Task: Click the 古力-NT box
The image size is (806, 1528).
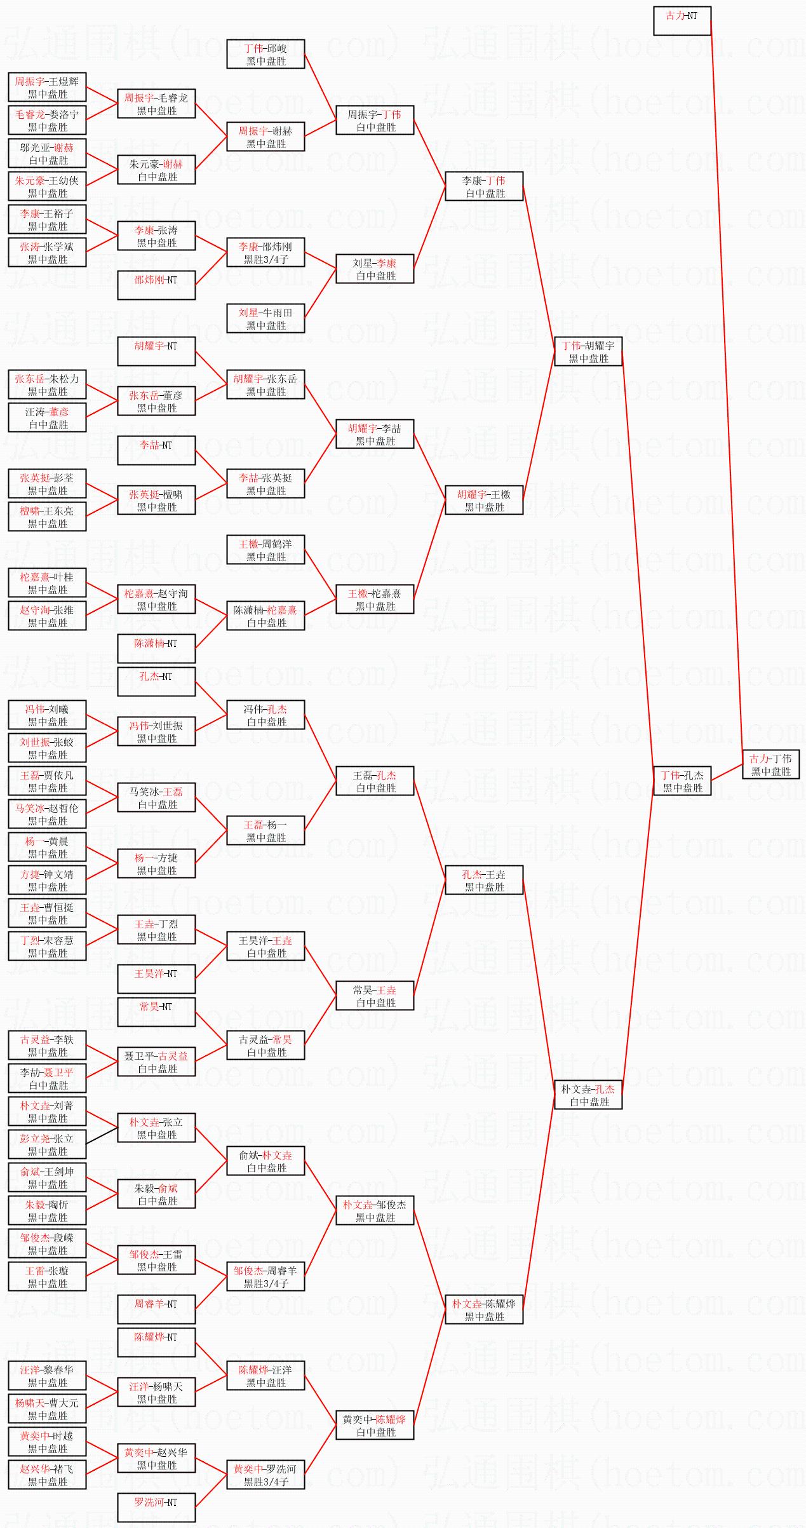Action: pos(682,21)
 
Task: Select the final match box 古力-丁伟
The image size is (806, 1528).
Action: pos(770,764)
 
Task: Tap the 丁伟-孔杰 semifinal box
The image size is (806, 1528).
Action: pos(682,781)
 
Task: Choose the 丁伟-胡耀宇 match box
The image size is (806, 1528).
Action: pos(588,351)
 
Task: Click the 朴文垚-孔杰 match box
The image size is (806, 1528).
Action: pos(588,1095)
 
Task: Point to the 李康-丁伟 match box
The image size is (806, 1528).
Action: pos(484,186)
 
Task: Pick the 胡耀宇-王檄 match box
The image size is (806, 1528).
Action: pos(484,500)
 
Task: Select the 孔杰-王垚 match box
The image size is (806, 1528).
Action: pos(484,880)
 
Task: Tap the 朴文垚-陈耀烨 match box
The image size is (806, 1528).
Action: pos(484,1309)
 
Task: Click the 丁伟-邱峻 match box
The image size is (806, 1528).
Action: pos(265,54)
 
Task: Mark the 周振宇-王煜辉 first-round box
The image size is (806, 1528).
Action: pos(47,87)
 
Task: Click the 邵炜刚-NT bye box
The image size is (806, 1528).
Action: pos(156,285)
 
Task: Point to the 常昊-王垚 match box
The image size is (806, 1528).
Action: pos(375,996)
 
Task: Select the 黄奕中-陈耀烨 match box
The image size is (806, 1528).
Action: pos(375,1425)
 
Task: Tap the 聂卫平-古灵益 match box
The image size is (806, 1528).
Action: pos(156,1062)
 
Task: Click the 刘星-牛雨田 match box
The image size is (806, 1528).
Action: pos(265,318)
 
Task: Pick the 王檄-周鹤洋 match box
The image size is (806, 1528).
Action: pos(265,550)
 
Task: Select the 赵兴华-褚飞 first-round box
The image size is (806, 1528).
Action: pos(47,1475)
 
